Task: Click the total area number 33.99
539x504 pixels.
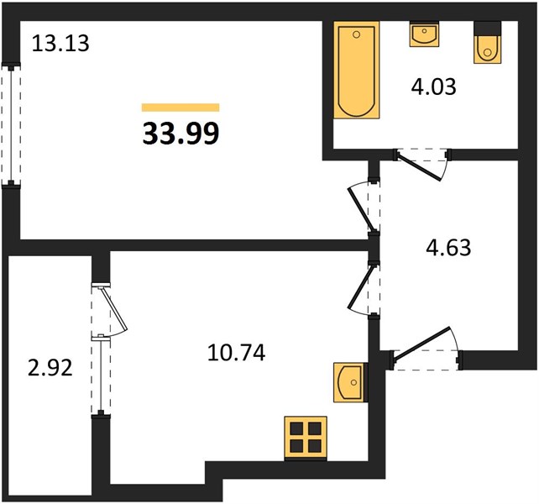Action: [x=181, y=134]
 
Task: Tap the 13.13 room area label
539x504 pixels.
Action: [x=60, y=44]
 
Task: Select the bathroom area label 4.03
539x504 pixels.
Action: [x=433, y=87]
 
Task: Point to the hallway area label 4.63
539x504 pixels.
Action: [x=448, y=248]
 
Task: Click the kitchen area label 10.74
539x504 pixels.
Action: [x=237, y=353]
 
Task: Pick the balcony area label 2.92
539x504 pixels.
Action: [x=50, y=368]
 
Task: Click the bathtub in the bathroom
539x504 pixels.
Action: [x=357, y=70]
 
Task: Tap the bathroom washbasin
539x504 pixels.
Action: [x=424, y=34]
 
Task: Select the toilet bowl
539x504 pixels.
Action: [x=487, y=49]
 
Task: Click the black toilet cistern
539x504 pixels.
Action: [x=487, y=28]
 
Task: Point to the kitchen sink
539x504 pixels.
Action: [x=349, y=382]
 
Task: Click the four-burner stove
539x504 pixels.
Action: [x=306, y=438]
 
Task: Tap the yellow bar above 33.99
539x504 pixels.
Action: [x=181, y=108]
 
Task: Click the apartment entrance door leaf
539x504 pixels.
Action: [x=422, y=344]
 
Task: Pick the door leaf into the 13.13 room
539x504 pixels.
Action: [x=361, y=209]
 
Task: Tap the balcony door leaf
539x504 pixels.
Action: [x=114, y=308]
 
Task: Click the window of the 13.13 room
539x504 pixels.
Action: [x=11, y=124]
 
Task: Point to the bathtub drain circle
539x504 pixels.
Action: [x=357, y=34]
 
